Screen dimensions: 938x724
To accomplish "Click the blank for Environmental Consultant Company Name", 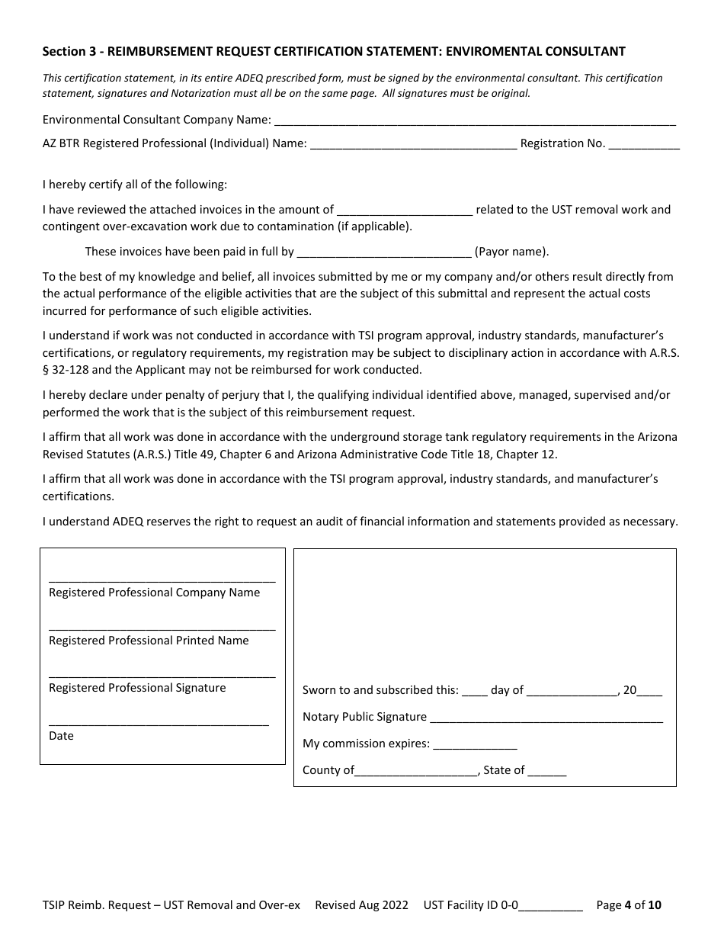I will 474,120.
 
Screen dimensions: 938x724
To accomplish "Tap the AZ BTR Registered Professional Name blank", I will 414,144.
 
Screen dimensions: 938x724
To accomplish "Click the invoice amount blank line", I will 404,210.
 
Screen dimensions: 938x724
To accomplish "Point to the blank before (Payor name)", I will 384,252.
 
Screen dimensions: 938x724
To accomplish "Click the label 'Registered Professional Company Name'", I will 154,593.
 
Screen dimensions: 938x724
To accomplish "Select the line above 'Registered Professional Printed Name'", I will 162,628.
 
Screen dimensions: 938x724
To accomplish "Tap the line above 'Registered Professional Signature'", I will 162,676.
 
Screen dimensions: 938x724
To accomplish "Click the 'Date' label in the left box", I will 61,736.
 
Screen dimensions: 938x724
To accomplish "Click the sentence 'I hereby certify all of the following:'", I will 135,185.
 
